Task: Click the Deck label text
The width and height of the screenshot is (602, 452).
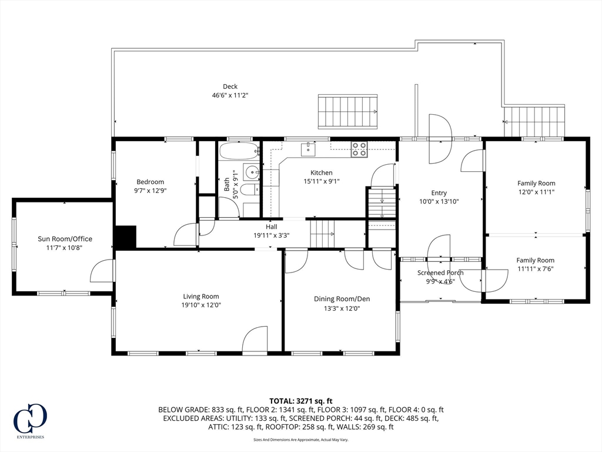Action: pos(230,87)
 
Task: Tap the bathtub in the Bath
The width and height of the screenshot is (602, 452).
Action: pos(239,151)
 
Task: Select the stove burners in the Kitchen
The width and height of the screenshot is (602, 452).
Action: pos(359,149)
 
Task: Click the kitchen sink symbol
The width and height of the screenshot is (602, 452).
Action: pos(309,150)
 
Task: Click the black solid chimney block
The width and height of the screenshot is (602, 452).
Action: pos(125,237)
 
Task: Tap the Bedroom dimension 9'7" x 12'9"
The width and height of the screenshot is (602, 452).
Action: pos(150,191)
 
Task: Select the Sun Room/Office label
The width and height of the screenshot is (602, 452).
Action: pos(65,239)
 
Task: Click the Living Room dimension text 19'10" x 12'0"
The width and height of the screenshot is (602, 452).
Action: pos(200,305)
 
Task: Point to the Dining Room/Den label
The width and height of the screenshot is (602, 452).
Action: pos(342,299)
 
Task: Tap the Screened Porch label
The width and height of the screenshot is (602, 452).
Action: pos(440,272)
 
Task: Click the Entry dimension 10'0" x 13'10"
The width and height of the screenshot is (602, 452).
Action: pos(439,201)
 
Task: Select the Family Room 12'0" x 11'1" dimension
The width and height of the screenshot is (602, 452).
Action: pos(536,192)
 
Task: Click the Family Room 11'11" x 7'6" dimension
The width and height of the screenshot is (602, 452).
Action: pos(535,269)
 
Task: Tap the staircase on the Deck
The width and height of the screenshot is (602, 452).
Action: pos(347,111)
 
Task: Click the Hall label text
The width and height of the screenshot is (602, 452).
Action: pos(271,227)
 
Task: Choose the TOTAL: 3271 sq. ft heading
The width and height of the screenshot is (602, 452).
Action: pos(301,401)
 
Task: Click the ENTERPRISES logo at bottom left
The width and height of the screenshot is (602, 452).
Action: pos(29,421)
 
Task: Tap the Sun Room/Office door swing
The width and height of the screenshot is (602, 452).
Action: pos(101,270)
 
